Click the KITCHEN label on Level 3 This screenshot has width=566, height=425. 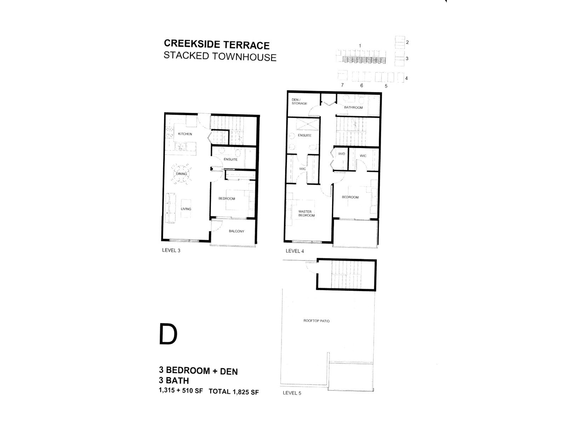[185, 134]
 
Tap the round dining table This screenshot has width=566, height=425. [181, 174]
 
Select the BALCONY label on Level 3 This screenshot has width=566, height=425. [236, 231]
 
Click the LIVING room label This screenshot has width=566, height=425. [186, 209]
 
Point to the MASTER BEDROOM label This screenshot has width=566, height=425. [306, 214]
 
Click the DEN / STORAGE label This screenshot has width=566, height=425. [299, 102]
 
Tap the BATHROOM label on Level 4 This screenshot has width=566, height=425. [353, 107]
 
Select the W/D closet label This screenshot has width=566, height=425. [341, 154]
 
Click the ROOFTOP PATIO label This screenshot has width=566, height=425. [316, 321]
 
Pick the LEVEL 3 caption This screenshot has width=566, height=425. [171, 250]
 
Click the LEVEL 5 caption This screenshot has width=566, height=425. [292, 393]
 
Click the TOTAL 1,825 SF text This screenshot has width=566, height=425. [233, 392]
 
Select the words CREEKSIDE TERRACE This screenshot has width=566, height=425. [216, 45]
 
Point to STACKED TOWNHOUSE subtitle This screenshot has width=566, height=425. [220, 57]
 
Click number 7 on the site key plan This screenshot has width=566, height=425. [342, 85]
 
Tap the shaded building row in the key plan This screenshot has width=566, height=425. [364, 60]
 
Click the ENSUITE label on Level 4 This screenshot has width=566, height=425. [304, 135]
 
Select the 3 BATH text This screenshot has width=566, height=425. [174, 381]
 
